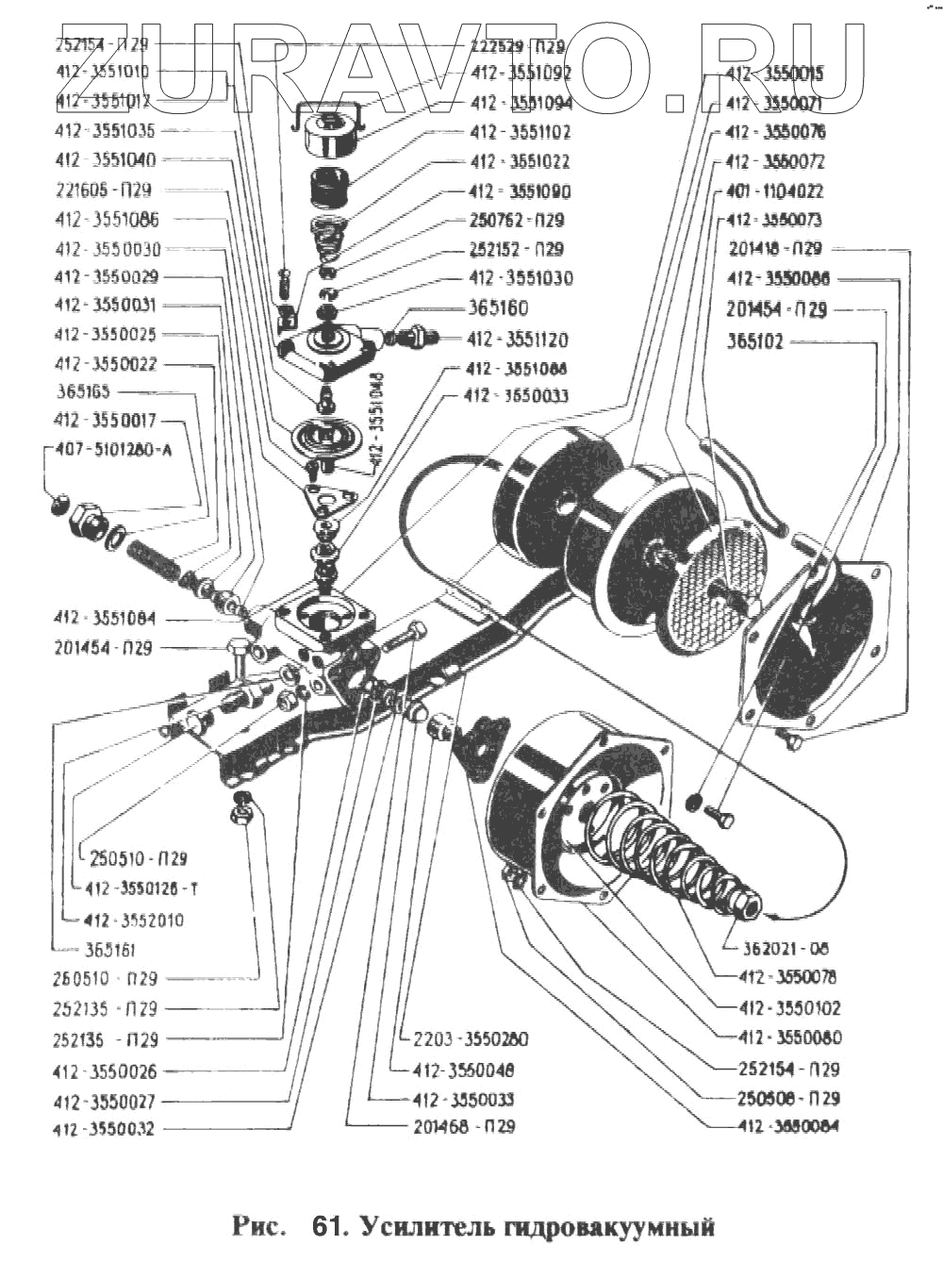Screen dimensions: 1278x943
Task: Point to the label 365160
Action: (x=498, y=308)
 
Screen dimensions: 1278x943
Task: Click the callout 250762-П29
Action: (x=517, y=220)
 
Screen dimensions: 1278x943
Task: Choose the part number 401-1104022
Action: (x=774, y=191)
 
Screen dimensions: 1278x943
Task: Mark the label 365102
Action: (x=754, y=341)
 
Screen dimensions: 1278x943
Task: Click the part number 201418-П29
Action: (x=775, y=249)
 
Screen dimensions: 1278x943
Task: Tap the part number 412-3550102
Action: (x=790, y=1007)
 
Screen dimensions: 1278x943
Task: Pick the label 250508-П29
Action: (x=790, y=1098)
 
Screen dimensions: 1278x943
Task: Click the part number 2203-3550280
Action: (x=471, y=1038)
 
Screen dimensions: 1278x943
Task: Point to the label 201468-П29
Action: (x=464, y=1126)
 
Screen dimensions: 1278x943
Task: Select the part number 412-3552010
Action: (x=134, y=920)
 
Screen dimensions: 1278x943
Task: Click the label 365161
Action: (x=109, y=950)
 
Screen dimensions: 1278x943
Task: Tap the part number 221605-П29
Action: (x=104, y=190)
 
